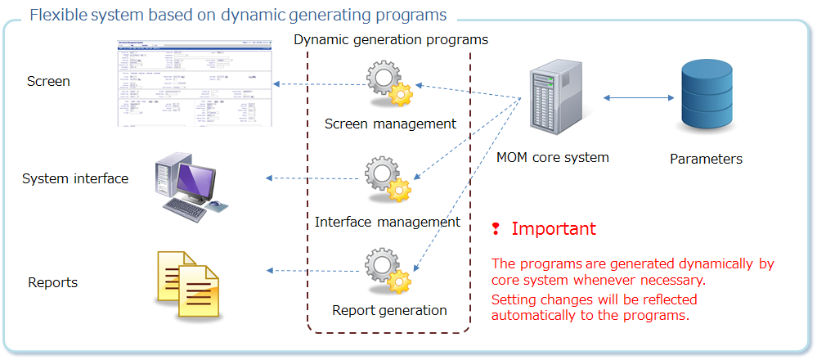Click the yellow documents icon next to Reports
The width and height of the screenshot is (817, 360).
(x=188, y=281)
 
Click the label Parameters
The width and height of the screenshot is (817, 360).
(x=706, y=160)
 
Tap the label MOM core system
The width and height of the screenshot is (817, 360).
(x=553, y=157)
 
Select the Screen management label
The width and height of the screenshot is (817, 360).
(x=390, y=124)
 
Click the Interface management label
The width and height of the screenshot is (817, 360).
(x=388, y=222)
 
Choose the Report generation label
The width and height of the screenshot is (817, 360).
(x=389, y=310)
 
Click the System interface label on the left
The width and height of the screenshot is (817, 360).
(x=75, y=178)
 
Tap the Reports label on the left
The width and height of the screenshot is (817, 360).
(x=53, y=282)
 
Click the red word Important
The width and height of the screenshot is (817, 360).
(x=554, y=229)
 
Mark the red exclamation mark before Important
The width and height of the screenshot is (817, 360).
(x=496, y=228)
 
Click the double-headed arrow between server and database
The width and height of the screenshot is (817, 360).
(x=631, y=97)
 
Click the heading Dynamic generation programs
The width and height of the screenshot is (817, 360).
(x=391, y=39)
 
